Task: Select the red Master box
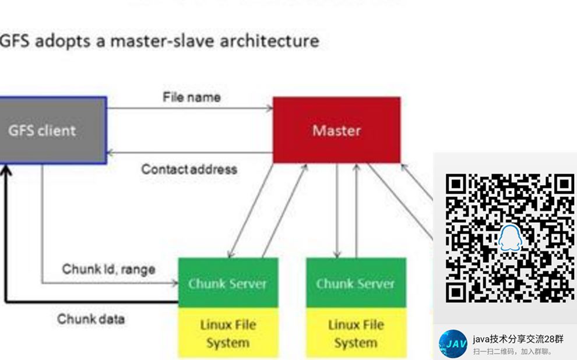[336, 130]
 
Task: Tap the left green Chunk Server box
[227, 283]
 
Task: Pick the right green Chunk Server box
[355, 283]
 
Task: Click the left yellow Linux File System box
[227, 333]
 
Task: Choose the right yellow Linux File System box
[355, 333]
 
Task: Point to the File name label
[191, 97]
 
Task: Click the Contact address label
[189, 170]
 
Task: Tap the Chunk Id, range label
[108, 269]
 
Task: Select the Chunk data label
[90, 319]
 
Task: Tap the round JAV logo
[453, 344]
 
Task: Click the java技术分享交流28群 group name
[518, 339]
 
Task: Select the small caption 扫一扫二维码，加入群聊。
[512, 351]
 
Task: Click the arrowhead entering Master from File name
[269, 108]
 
